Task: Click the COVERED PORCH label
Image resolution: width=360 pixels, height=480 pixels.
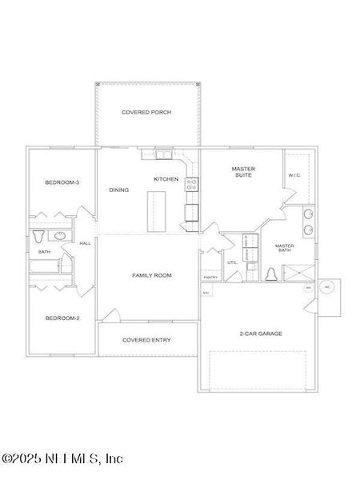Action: tap(146, 113)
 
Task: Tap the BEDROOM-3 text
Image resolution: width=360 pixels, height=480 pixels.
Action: tap(62, 183)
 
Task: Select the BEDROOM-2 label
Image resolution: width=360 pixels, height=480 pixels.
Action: tap(62, 318)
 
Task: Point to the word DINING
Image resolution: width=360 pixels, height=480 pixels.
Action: tap(118, 190)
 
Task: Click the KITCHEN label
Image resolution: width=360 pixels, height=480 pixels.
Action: tap(166, 178)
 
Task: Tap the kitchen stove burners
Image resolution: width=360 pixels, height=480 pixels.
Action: tap(192, 184)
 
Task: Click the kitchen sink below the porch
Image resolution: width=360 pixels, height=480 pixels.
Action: tap(162, 154)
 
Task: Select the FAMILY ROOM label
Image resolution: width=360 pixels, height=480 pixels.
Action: tap(151, 275)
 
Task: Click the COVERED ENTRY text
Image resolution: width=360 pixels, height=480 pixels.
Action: tap(146, 339)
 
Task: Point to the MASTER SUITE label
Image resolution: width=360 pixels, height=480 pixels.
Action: tap(242, 172)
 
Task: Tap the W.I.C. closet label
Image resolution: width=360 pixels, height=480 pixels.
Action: tap(294, 176)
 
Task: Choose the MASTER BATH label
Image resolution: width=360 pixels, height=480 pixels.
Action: tap(284, 248)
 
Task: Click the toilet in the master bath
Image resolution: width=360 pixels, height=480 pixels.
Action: tap(270, 275)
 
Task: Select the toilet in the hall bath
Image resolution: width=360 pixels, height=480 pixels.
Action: tap(39, 237)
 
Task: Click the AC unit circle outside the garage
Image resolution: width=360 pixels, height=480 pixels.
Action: tap(326, 286)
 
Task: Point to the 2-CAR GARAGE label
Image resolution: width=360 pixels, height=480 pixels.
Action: tap(261, 334)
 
